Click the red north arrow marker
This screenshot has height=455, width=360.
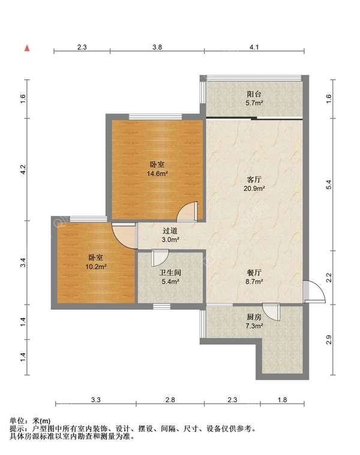(27, 48)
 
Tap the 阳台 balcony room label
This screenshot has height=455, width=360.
(254, 94)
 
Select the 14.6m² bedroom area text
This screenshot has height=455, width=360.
(157, 174)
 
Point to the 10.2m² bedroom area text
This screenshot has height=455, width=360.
(96, 267)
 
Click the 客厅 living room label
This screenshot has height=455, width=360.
(254, 179)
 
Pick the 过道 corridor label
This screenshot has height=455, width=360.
(170, 231)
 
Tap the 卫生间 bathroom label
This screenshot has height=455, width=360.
(170, 273)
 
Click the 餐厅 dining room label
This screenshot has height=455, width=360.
(254, 273)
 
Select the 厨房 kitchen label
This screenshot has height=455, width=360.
(254, 317)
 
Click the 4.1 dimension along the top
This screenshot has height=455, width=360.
(254, 47)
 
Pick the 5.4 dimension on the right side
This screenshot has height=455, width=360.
(328, 185)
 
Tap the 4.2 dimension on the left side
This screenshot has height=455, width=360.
(23, 169)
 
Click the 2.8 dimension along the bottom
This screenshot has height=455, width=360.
(170, 400)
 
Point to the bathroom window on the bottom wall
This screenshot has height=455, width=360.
(161, 306)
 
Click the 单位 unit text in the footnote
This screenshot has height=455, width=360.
(17, 421)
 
